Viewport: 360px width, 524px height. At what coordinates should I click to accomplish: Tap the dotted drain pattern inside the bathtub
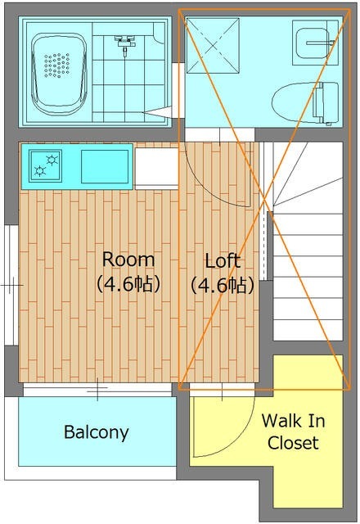tap(56, 65)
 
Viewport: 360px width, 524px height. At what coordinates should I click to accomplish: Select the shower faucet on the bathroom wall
tap(125, 43)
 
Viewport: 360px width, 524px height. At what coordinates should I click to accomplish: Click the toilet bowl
tap(305, 103)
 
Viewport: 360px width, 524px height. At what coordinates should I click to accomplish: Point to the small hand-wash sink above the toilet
tap(315, 43)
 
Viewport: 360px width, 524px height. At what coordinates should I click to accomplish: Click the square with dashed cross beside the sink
tap(213, 46)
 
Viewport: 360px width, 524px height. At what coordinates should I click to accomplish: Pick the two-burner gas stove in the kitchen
tap(46, 165)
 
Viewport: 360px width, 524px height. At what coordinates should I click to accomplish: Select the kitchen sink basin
tap(105, 166)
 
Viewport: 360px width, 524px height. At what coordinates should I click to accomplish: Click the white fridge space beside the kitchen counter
tap(156, 168)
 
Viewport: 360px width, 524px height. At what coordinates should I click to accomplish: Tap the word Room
tap(128, 260)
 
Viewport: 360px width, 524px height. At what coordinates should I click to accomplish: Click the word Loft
tap(223, 261)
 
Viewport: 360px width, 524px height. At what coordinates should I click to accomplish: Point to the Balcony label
tap(97, 432)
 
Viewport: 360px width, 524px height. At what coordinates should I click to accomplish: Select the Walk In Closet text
tap(293, 431)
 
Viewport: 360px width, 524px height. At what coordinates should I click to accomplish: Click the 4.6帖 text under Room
tap(128, 284)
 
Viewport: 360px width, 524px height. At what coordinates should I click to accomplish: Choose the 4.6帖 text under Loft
tap(223, 285)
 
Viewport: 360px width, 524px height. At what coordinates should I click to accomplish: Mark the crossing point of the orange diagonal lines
tap(264, 200)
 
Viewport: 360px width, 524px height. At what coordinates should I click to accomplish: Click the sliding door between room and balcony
tap(97, 389)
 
